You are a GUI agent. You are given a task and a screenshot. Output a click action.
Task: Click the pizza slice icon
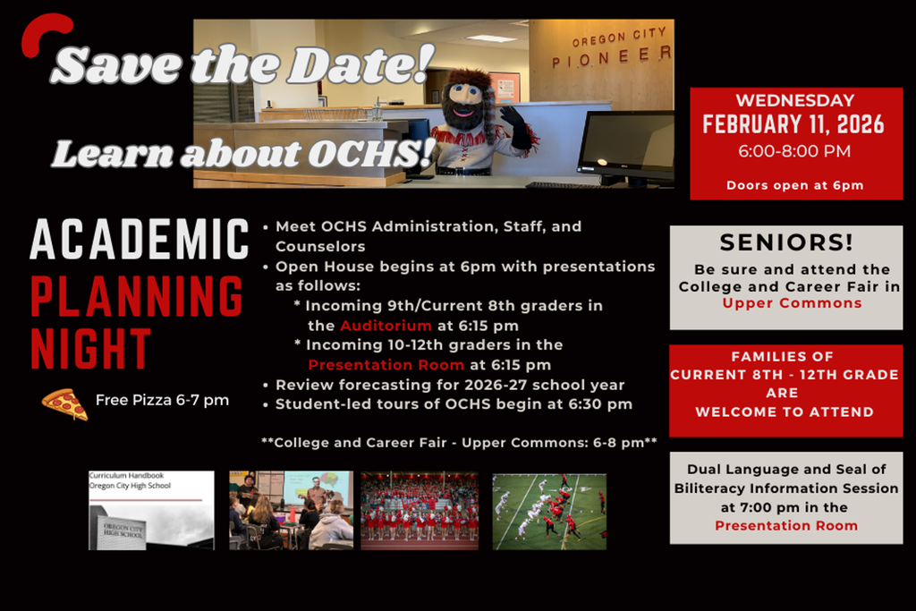click(64, 403)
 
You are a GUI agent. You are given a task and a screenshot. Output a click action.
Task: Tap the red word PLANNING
click(137, 297)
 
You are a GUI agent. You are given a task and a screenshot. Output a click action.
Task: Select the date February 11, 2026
click(793, 124)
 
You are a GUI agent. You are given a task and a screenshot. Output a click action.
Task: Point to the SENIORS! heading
click(786, 242)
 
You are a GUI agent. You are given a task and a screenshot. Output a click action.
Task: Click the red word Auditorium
click(386, 326)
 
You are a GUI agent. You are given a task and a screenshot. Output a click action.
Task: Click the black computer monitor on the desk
click(625, 144)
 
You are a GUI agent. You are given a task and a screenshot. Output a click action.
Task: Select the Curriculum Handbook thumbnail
click(151, 510)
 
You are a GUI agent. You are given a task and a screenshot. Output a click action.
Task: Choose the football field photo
click(549, 511)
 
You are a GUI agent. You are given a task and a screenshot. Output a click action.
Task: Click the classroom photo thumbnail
click(291, 510)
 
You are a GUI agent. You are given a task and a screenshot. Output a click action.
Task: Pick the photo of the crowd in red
click(420, 510)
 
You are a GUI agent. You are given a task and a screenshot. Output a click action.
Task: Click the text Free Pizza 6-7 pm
click(162, 400)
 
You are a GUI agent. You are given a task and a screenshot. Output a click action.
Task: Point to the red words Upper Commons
click(792, 303)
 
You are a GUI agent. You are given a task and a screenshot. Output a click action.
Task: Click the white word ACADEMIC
click(140, 240)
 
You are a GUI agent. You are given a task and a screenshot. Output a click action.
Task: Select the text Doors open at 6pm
click(794, 185)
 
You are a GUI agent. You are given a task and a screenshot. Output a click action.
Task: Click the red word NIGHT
click(91, 350)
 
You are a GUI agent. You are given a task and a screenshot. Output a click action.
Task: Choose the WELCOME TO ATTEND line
click(785, 412)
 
